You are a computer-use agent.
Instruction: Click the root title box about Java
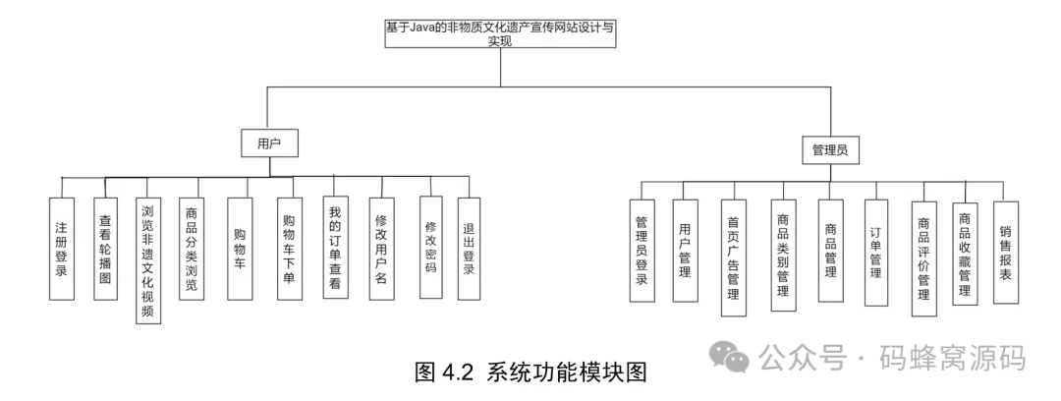[501, 34]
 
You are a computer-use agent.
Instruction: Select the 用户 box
[269, 143]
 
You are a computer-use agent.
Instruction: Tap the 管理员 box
[829, 150]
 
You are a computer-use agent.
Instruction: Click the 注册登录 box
[61, 249]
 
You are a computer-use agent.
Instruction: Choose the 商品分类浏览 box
[192, 249]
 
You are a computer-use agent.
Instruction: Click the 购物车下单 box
[289, 249]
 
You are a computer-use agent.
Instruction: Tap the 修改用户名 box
[382, 249]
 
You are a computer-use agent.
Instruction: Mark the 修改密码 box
[430, 247]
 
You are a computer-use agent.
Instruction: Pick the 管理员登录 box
[642, 252]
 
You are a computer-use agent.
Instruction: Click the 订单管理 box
[875, 253]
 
